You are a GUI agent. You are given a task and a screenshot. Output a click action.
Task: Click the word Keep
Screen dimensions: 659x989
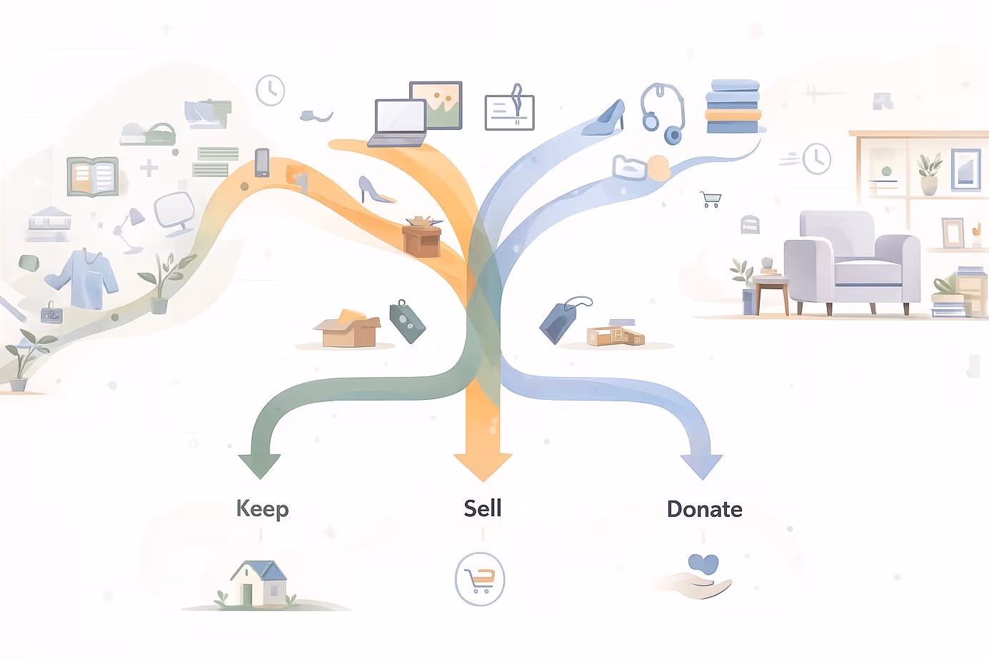pyautogui.click(x=262, y=509)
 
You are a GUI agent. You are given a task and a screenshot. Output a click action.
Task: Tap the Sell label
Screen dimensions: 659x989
pyautogui.click(x=483, y=508)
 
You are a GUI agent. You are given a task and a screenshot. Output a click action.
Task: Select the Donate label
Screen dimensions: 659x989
pyautogui.click(x=704, y=509)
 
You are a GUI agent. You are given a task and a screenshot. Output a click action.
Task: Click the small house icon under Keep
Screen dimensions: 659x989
pyautogui.click(x=258, y=583)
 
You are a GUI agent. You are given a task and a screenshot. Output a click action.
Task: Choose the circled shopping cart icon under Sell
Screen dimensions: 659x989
pyautogui.click(x=480, y=579)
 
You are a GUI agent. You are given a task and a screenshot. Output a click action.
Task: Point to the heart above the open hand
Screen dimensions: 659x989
pyautogui.click(x=703, y=565)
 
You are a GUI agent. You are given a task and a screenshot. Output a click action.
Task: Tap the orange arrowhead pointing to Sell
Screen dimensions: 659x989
pyautogui.click(x=483, y=466)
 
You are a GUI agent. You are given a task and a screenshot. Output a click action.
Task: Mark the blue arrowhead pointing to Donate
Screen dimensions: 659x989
pyautogui.click(x=702, y=466)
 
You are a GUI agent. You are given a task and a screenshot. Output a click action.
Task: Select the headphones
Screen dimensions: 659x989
pyautogui.click(x=663, y=113)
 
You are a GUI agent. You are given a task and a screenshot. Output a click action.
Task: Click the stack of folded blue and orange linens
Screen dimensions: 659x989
pyautogui.click(x=733, y=106)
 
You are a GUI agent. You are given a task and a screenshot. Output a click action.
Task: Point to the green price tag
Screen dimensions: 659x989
pyautogui.click(x=407, y=322)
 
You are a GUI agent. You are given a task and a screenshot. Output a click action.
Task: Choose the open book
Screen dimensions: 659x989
pyautogui.click(x=92, y=176)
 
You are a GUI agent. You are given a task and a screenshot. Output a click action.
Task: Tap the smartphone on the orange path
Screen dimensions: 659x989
pyautogui.click(x=262, y=163)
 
